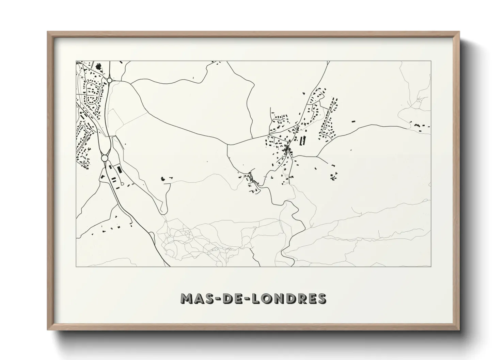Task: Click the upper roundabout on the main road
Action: (109, 80)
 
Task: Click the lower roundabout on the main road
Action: (105, 158)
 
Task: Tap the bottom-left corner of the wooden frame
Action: (48, 329)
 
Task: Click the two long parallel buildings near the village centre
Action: (303, 140)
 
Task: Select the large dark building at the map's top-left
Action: (99, 66)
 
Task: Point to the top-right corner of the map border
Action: (431, 61)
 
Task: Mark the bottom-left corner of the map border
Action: (76, 266)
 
